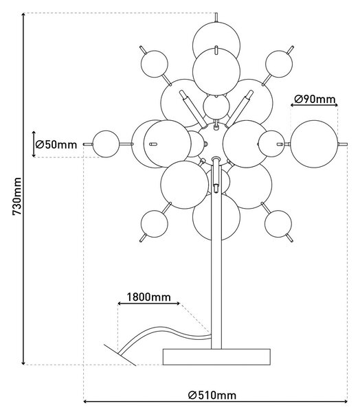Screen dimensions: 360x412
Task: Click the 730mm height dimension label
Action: pyautogui.click(x=17, y=196)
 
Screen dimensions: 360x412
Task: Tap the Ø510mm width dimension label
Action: pyautogui.click(x=212, y=395)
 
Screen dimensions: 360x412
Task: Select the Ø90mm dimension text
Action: pyautogui.click(x=315, y=99)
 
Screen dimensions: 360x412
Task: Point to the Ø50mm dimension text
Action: pyautogui.click(x=56, y=144)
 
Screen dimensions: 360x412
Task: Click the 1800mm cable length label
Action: pyautogui.click(x=149, y=297)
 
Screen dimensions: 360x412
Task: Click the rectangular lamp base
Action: pyautogui.click(x=216, y=357)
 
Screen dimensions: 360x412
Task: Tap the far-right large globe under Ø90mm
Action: pyautogui.click(x=314, y=144)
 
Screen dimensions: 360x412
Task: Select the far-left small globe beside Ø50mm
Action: pyautogui.click(x=106, y=144)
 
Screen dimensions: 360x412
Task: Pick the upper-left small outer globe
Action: pyautogui.click(x=155, y=64)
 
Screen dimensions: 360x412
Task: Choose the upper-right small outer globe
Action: pyautogui.click(x=279, y=64)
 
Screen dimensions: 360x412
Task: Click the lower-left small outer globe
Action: pyautogui.click(x=155, y=224)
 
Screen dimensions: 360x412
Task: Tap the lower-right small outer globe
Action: pyautogui.click(x=278, y=224)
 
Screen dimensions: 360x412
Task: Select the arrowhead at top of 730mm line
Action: pyautogui.click(x=23, y=14)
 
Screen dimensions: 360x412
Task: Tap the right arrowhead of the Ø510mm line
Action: pyautogui.click(x=346, y=402)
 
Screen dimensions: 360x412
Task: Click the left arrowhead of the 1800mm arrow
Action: pyautogui.click(x=120, y=304)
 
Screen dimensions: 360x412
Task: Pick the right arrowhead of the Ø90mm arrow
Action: pyautogui.click(x=336, y=105)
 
